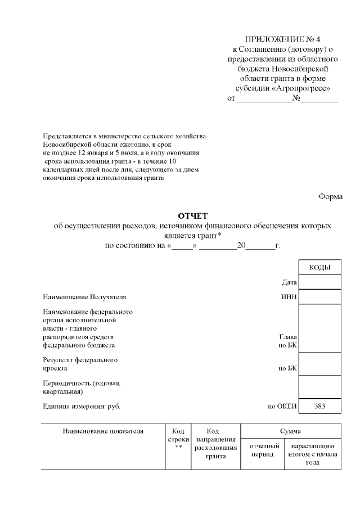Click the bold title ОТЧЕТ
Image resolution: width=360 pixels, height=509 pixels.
(193, 215)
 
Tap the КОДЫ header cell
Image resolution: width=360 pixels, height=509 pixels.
(319, 267)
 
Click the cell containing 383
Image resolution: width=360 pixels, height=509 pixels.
(319, 406)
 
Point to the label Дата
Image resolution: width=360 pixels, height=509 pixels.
(289, 282)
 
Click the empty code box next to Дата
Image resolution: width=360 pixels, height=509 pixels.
(319, 281)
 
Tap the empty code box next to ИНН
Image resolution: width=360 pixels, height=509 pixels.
(319, 296)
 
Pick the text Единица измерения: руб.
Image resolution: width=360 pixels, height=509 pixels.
(82, 406)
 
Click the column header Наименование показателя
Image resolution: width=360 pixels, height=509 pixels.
(103, 431)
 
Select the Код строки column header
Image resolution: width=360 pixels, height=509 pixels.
(178, 439)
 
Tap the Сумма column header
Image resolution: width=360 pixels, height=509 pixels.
(291, 431)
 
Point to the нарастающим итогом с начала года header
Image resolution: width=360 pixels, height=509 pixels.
(312, 454)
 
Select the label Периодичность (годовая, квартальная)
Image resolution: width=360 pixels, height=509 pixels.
(82, 387)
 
